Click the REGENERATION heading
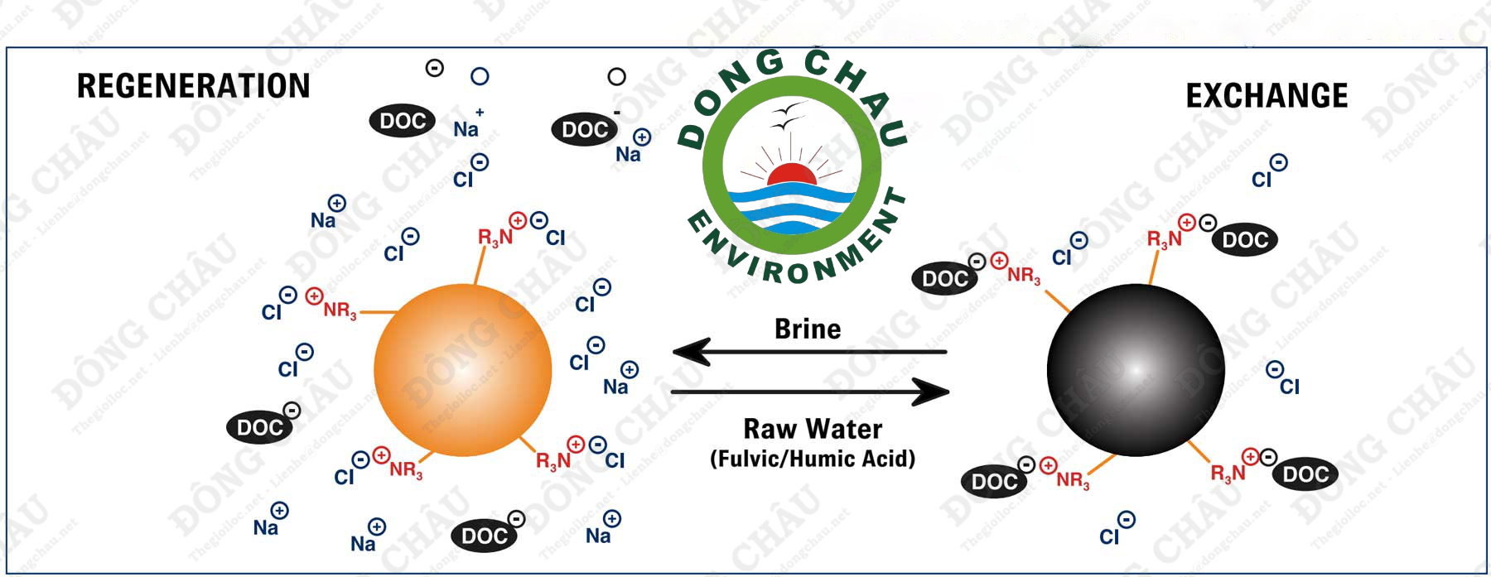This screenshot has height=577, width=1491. pos(193,86)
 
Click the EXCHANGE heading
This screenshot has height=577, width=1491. pos(1267,96)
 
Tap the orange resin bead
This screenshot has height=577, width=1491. pos(462,370)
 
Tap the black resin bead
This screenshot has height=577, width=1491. pos(1135,370)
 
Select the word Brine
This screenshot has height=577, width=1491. pos(808,329)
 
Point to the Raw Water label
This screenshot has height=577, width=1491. pos(813,429)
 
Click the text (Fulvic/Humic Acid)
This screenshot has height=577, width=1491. pos(813,459)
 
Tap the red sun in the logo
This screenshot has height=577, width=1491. pos(791,175)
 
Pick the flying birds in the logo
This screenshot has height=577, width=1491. pos(787,116)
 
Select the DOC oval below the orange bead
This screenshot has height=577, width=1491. pos(484,536)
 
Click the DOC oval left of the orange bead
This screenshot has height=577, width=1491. pos(259,427)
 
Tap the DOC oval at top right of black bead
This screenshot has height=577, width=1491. pos(1245,240)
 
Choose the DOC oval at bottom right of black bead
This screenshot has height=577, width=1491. pos(1305,474)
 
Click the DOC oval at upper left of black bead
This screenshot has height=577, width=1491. pos(944,278)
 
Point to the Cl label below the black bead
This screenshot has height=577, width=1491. pos(1109,536)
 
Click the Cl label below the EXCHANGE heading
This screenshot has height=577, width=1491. pos(1261,179)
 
